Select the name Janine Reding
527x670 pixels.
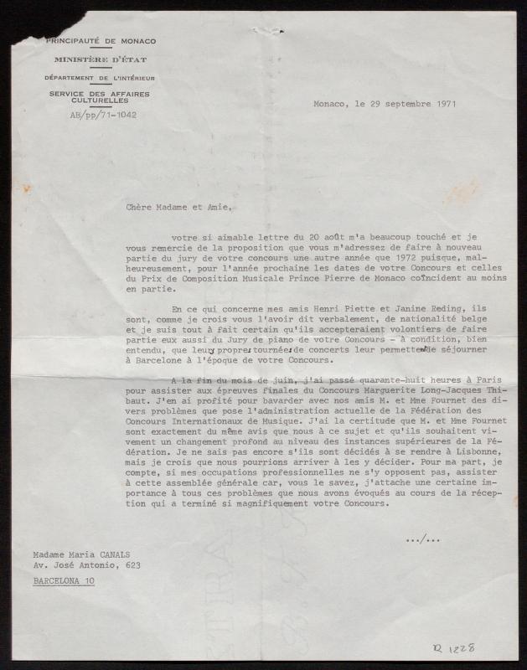(352, 309)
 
